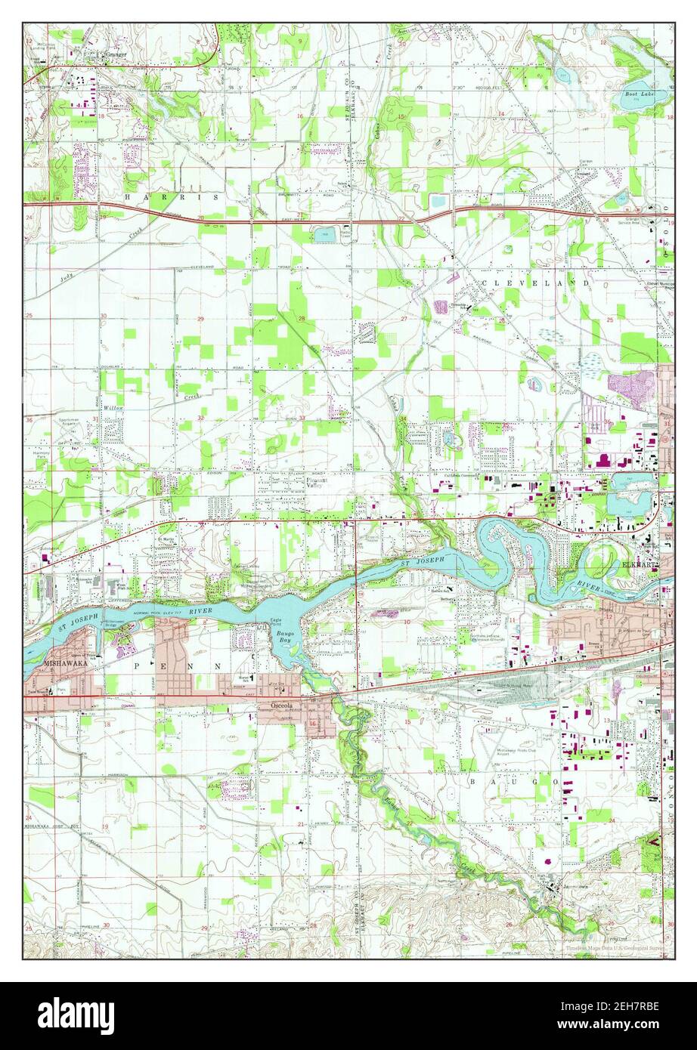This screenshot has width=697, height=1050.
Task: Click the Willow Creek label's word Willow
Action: point(113,407)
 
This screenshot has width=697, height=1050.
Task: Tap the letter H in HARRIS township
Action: point(128,196)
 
